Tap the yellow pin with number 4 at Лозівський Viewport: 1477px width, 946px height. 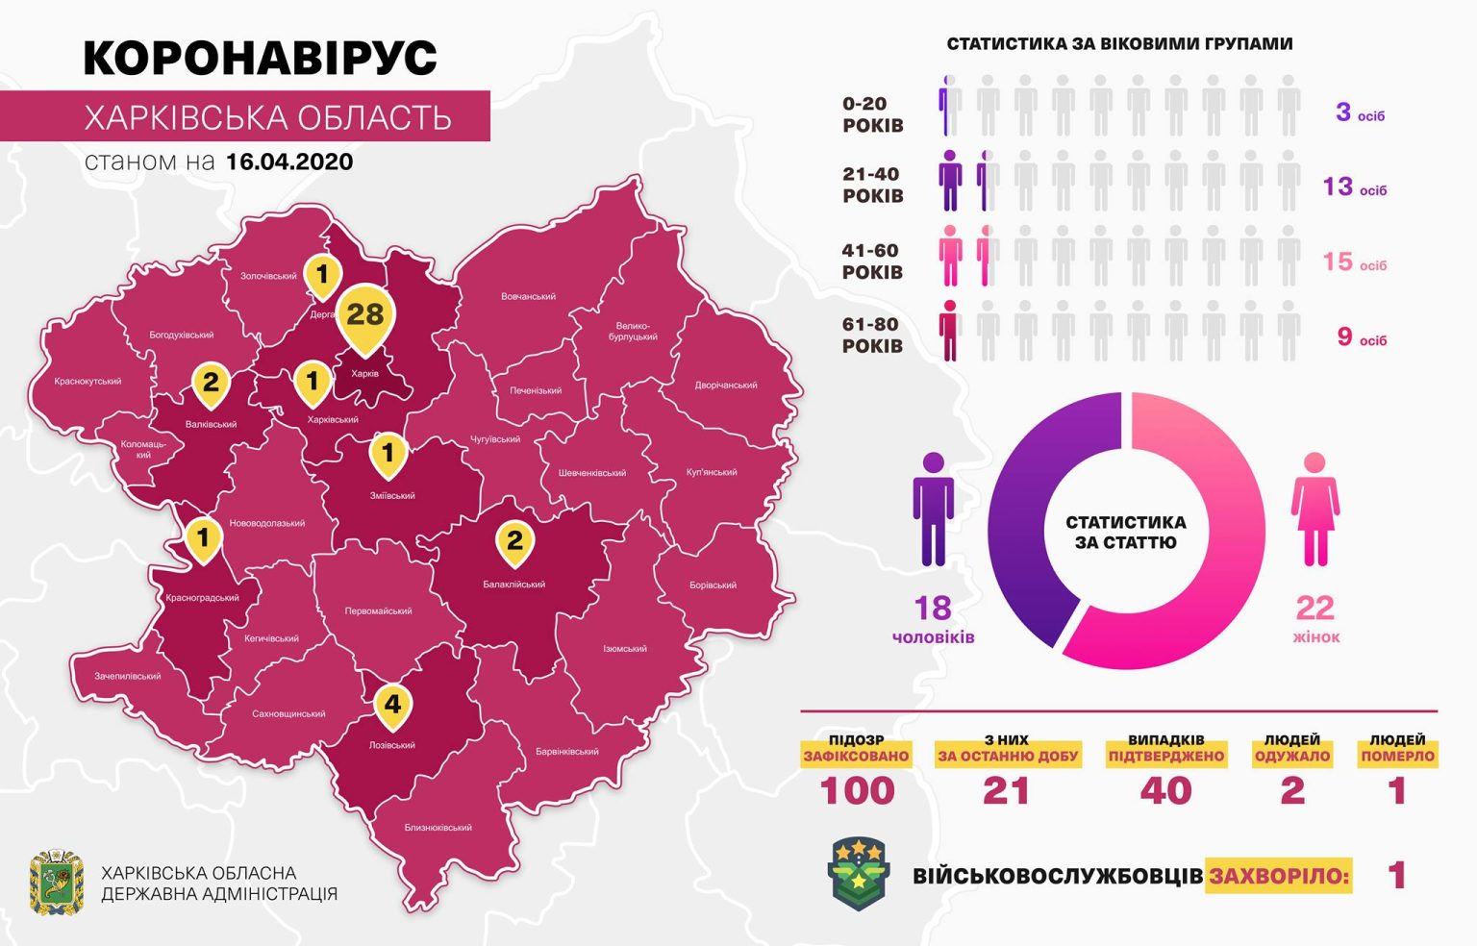(x=392, y=706)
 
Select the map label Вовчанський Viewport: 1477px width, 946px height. (x=528, y=296)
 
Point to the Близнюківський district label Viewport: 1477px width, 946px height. (x=438, y=827)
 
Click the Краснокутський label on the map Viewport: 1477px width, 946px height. (x=88, y=381)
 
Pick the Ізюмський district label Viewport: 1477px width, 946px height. (x=624, y=649)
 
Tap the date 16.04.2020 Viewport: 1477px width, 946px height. (x=289, y=162)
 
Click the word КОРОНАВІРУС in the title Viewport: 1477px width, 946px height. (x=261, y=58)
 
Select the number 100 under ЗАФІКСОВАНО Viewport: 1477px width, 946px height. (x=857, y=791)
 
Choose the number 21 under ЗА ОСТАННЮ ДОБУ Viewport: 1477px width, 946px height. (x=1007, y=791)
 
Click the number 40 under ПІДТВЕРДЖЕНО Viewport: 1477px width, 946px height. (x=1165, y=791)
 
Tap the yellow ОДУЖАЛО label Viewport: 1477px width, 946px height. (x=1292, y=756)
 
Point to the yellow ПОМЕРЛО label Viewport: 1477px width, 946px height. (x=1397, y=756)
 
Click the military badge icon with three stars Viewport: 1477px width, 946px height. (x=859, y=873)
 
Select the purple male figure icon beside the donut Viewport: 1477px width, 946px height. (x=933, y=510)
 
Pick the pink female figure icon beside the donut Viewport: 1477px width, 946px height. (x=1314, y=510)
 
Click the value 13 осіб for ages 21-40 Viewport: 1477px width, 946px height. (x=1355, y=187)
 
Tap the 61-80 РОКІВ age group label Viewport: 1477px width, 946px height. (x=872, y=336)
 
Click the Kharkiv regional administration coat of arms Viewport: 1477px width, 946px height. (x=57, y=882)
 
